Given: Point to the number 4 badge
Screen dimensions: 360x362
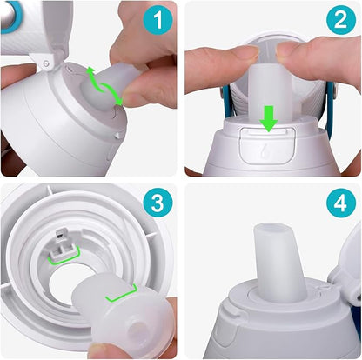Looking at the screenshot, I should pos(339,205).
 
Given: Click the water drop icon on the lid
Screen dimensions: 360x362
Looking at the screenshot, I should pos(265,149).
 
